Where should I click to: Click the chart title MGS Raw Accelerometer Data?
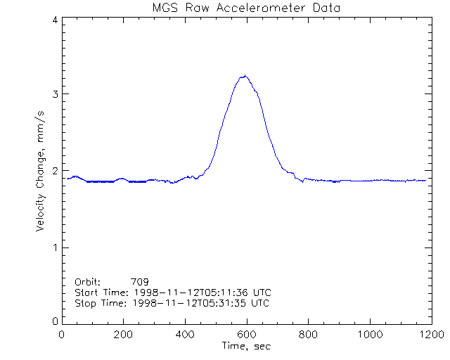[245, 8]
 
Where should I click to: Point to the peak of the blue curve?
[244, 75]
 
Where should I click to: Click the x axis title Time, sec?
[246, 346]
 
